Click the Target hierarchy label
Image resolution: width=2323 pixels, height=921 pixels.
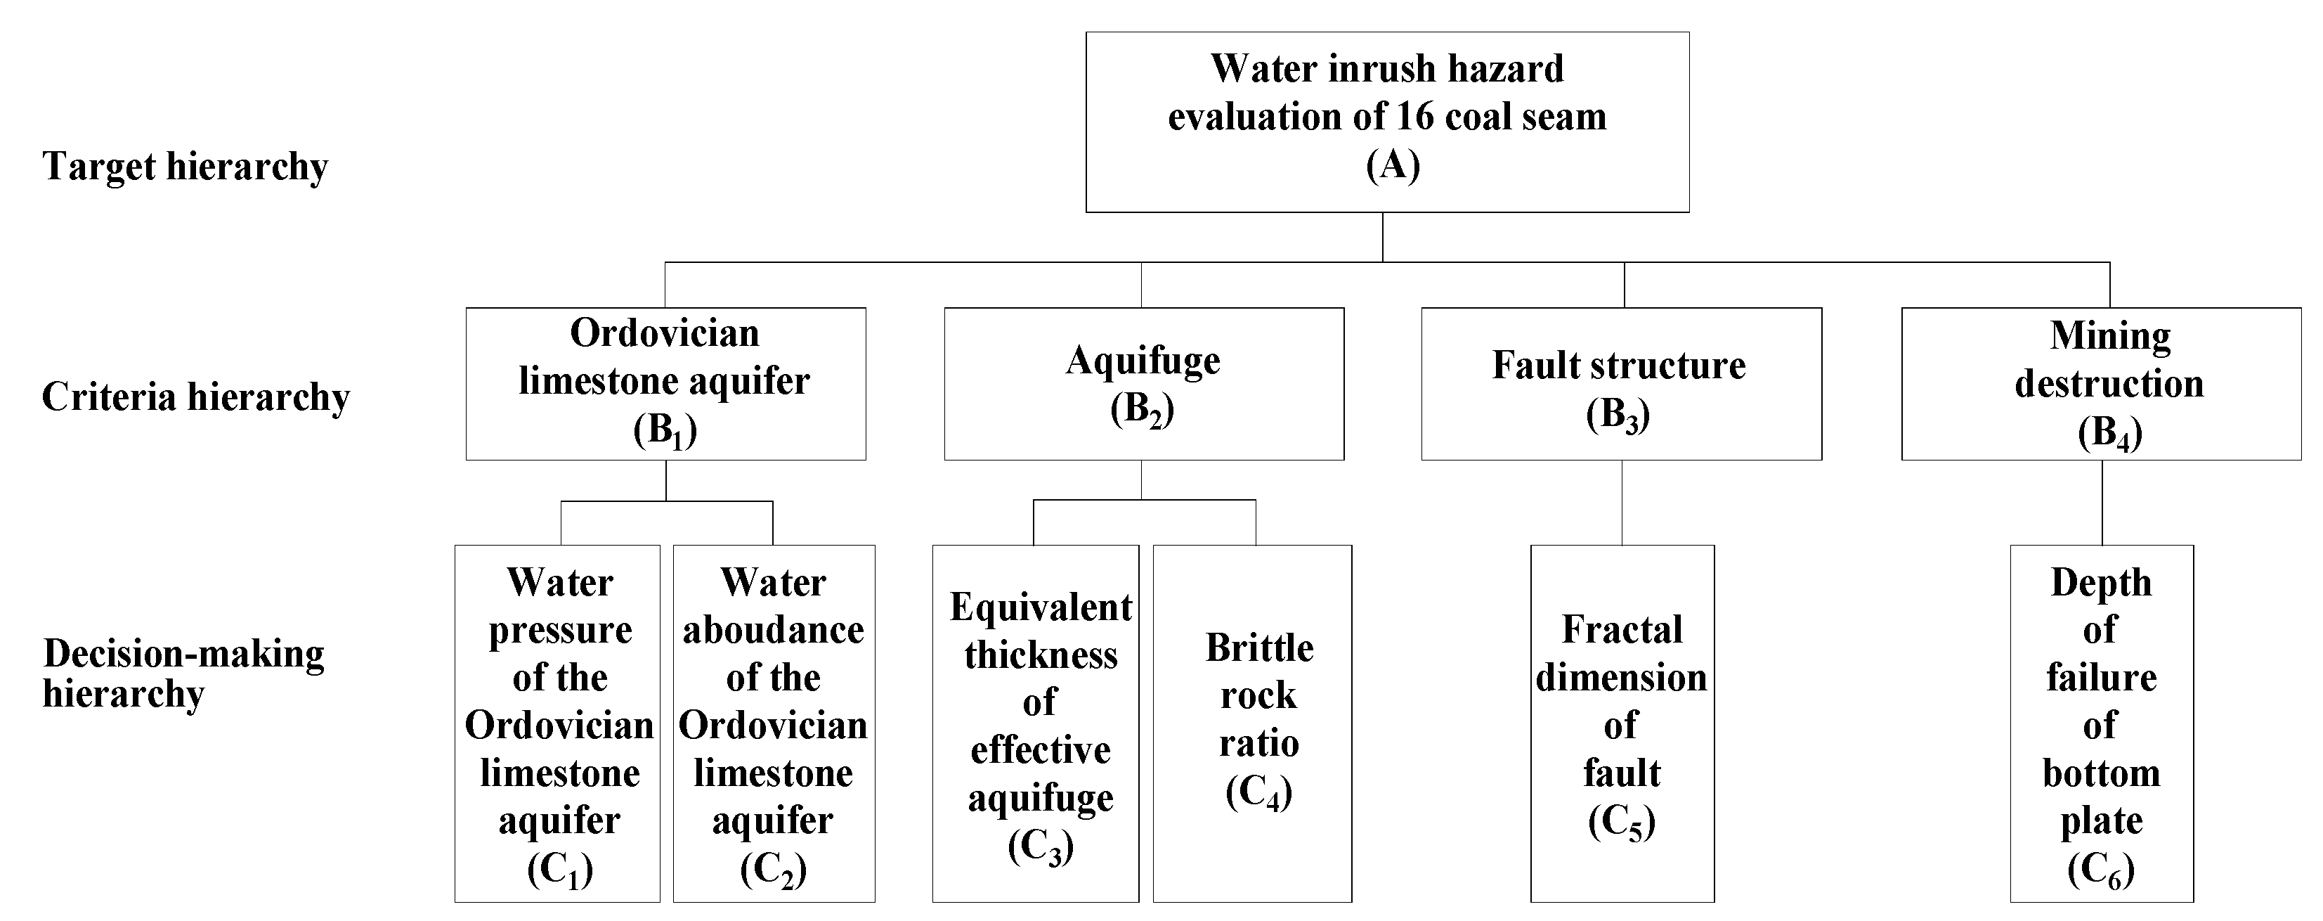click(185, 167)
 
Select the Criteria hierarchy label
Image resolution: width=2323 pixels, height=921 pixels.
click(195, 397)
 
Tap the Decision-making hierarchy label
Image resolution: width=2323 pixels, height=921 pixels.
click(183, 673)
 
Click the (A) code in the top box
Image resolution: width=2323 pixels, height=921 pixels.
click(1393, 166)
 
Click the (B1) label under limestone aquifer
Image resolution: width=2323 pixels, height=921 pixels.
click(665, 431)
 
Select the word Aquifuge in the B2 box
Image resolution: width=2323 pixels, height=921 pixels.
click(1143, 361)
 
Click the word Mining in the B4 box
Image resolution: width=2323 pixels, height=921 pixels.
click(2110, 335)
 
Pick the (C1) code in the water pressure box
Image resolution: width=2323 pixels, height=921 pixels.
click(559, 870)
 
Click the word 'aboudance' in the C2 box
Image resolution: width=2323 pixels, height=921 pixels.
click(773, 631)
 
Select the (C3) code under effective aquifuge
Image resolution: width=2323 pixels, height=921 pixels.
click(1040, 847)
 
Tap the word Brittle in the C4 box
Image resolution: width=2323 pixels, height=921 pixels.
click(1259, 648)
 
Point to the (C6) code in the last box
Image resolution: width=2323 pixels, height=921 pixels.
click(2100, 870)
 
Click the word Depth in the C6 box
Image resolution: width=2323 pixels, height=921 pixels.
click(2101, 583)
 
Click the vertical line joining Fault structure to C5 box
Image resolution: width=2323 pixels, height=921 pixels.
click(1622, 503)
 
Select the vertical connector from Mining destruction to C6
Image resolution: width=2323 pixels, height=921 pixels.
click(2102, 503)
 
